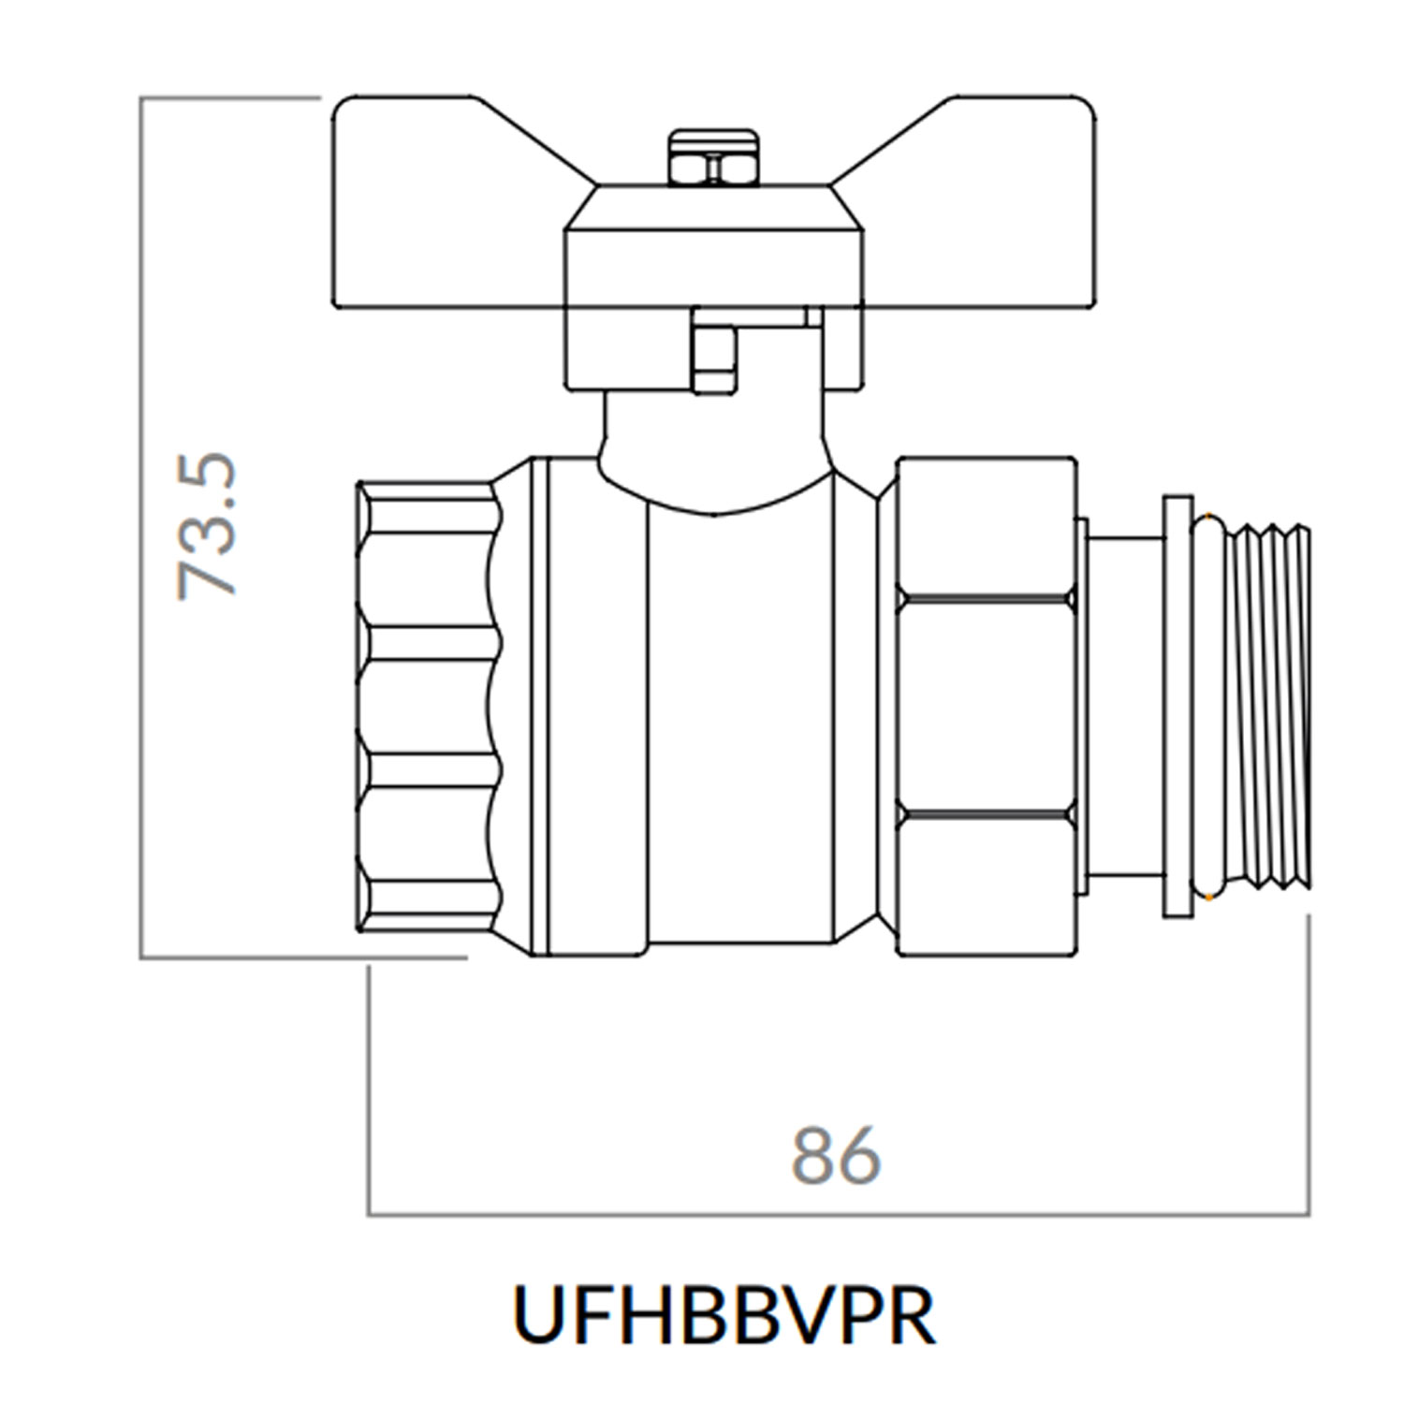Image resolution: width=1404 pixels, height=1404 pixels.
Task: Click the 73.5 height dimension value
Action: point(208,526)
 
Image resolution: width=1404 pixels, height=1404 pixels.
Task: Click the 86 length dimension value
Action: point(836,1157)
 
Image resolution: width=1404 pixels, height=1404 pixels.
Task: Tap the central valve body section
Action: point(739,730)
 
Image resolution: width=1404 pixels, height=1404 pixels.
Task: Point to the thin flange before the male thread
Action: point(1177,707)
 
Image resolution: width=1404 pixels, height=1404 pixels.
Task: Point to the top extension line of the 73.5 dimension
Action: point(229,97)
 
